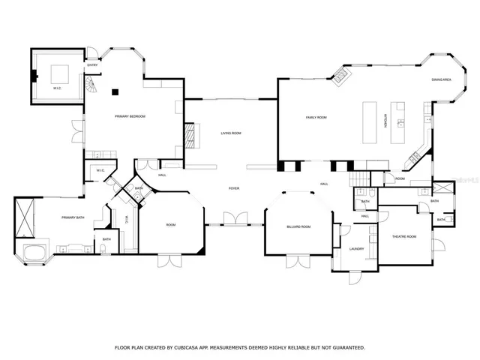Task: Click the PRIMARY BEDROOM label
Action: point(129,116)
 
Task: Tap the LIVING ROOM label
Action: point(230,133)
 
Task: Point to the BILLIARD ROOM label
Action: point(298,226)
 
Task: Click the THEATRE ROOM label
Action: point(403,237)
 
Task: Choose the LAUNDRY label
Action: point(356,249)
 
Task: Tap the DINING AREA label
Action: point(441,79)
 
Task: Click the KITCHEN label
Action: point(386,121)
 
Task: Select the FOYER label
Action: point(234,187)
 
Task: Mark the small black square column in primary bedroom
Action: point(115,93)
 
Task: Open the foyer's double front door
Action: point(234,219)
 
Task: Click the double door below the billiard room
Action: point(298,260)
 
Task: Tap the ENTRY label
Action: point(92,65)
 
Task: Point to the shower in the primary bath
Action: point(27,216)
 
